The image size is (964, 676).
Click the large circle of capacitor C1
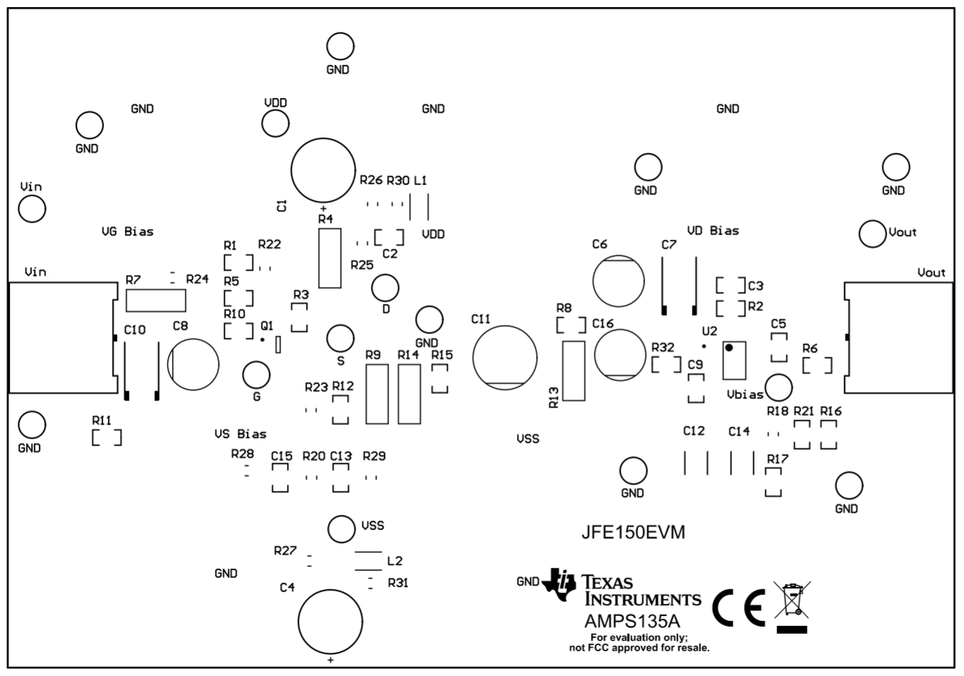(x=323, y=170)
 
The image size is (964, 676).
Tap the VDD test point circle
(x=275, y=123)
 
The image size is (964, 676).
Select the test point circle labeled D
(x=385, y=288)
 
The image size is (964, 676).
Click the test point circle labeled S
(x=341, y=338)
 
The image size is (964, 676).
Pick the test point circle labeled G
(x=256, y=375)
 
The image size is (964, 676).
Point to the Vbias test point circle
(x=779, y=387)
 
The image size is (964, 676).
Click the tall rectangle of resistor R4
(x=330, y=258)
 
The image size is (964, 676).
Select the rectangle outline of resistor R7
(x=156, y=301)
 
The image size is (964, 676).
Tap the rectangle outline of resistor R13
(x=574, y=371)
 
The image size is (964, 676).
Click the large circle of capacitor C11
(x=505, y=357)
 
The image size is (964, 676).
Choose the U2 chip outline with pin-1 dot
(x=734, y=360)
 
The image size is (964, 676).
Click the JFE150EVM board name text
(x=633, y=532)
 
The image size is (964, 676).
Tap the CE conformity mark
(x=738, y=607)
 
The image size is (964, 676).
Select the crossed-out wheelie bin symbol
(x=792, y=606)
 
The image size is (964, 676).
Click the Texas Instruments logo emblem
(x=561, y=584)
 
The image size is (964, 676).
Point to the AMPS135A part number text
(x=632, y=622)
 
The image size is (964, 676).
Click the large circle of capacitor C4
(x=330, y=622)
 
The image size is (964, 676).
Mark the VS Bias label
(x=240, y=434)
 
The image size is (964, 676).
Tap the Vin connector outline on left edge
(x=62, y=338)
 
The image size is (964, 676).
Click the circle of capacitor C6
(x=618, y=281)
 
